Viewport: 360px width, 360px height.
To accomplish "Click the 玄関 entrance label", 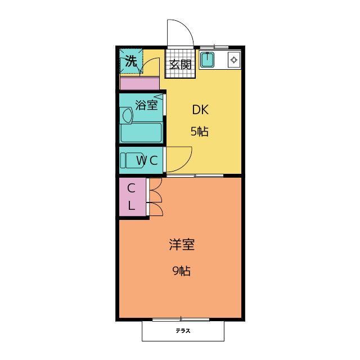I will pos(181,64).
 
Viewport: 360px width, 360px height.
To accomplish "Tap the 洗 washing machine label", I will pos(130,61).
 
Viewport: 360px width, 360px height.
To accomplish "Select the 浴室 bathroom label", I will pos(146,105).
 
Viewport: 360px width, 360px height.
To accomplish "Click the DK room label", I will pos(200,109).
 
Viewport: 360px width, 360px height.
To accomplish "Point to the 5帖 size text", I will pos(199,132).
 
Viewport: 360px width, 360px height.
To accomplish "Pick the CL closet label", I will pos(131,197).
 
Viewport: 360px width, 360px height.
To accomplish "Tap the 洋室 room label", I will pos(181,245).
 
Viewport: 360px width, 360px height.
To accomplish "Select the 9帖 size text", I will pos(181,271).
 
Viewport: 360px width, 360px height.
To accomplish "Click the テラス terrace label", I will pos(182,331).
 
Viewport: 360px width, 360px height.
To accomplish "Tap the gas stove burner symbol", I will pos(234,59).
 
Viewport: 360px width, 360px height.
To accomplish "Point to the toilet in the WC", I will pos(131,160).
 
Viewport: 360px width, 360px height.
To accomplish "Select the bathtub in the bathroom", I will pos(141,133).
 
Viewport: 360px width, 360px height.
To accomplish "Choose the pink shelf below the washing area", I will pos(139,83).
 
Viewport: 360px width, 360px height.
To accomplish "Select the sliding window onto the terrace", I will pos(181,319).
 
